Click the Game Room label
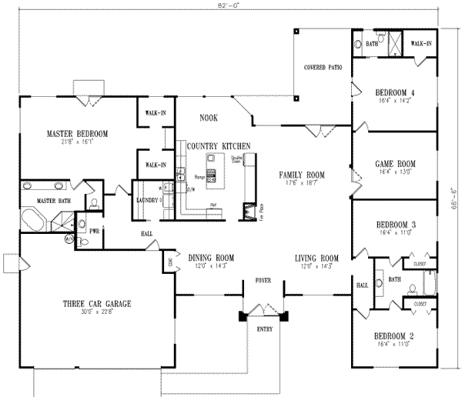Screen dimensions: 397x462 (x=394, y=164)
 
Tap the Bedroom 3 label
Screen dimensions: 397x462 (x=394, y=225)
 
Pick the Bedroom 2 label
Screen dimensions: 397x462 (x=394, y=337)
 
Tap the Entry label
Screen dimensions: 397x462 (x=263, y=329)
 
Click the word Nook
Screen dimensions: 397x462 (x=208, y=118)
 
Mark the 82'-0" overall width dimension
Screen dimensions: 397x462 (x=230, y=7)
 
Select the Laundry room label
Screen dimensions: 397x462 (x=147, y=200)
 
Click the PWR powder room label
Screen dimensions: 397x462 (x=95, y=231)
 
